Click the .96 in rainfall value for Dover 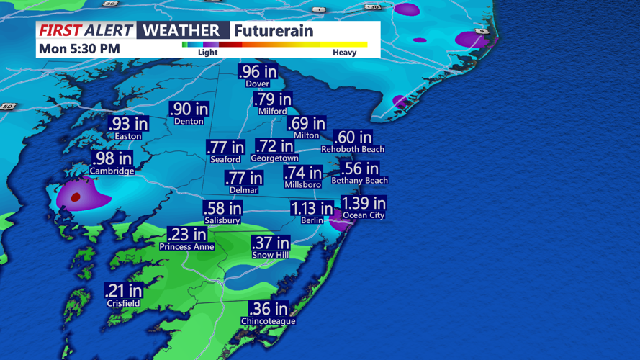258,71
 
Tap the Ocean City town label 364,215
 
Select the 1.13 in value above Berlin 312,209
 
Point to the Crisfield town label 122,303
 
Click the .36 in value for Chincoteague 269,309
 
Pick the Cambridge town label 112,171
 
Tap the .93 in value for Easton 129,124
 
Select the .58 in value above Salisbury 222,209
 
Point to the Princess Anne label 186,246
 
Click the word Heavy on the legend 344,53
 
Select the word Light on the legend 207,53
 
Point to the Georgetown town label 274,158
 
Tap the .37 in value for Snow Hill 270,244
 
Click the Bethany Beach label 359,181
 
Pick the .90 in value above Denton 189,109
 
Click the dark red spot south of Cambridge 76,196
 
